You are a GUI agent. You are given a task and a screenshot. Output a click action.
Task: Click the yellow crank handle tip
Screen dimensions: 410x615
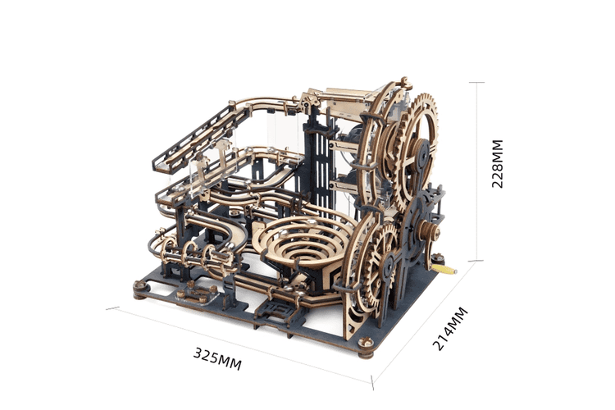[x=447, y=268]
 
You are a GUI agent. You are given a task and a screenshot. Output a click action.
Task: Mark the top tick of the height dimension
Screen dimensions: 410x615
[x=473, y=83]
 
